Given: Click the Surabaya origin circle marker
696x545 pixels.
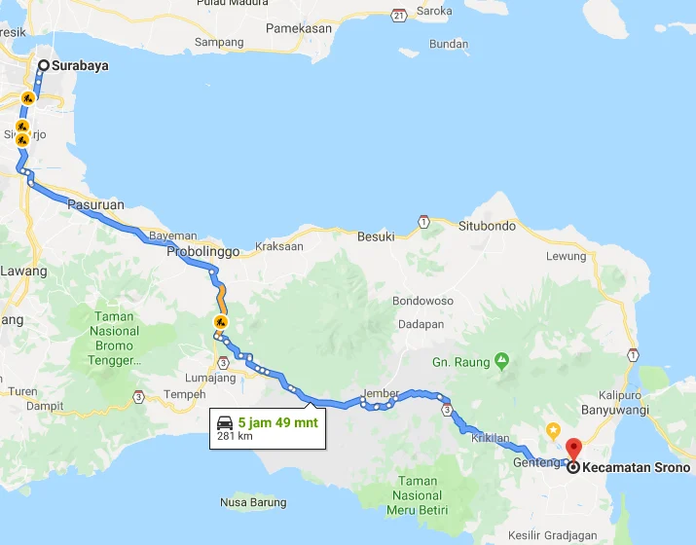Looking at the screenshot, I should (x=44, y=66).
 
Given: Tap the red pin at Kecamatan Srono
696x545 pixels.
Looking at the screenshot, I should (x=573, y=449).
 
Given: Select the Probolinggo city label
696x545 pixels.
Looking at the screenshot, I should (x=202, y=251).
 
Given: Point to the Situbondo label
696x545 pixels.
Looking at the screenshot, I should (x=487, y=226).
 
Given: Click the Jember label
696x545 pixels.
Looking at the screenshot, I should (x=380, y=393).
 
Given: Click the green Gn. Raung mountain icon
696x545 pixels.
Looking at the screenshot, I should (x=501, y=360).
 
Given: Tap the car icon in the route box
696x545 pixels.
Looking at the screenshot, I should (x=225, y=423).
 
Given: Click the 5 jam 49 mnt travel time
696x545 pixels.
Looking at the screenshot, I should (x=276, y=423).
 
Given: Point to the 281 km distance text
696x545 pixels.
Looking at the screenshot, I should (x=234, y=437).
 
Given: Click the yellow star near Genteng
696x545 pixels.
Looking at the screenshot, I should (x=553, y=429).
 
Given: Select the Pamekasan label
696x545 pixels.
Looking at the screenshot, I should (x=300, y=29).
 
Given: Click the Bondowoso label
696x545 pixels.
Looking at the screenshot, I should (x=423, y=301).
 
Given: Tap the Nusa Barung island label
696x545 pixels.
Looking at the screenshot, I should (x=253, y=502).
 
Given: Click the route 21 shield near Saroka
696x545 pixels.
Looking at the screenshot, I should (x=399, y=15).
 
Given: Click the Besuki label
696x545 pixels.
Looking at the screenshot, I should (x=376, y=236).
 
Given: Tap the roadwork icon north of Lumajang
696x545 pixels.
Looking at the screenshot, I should (x=221, y=322).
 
